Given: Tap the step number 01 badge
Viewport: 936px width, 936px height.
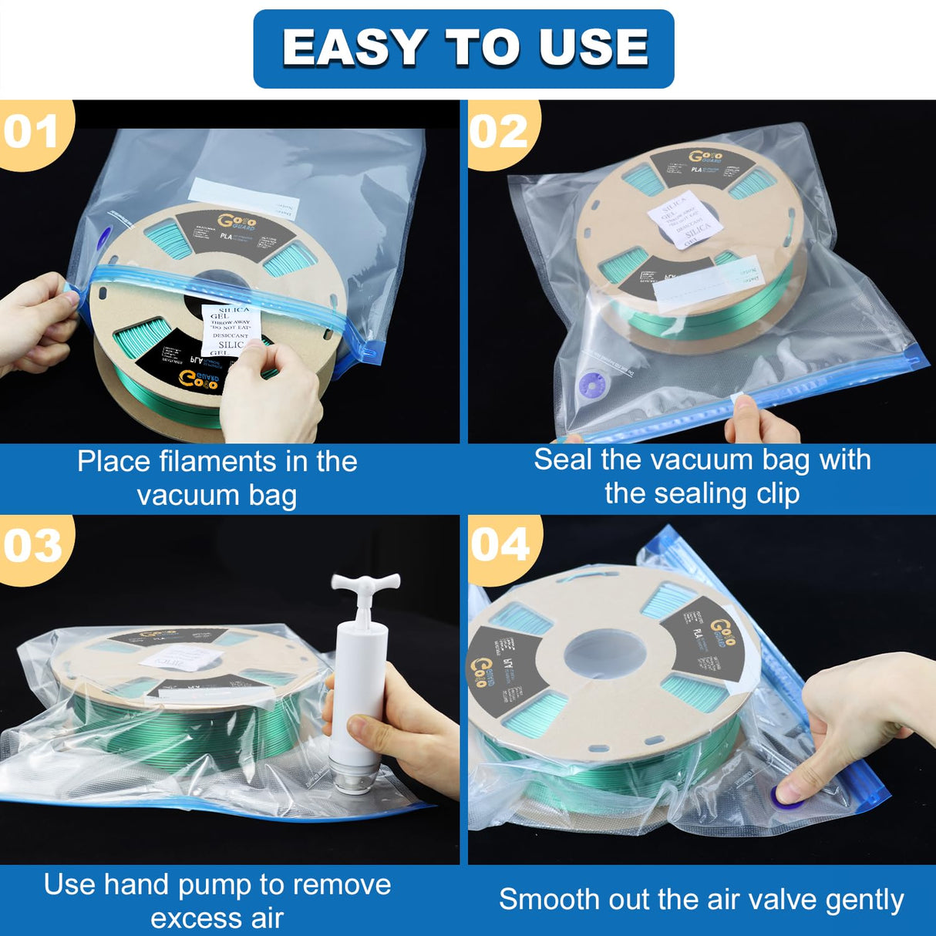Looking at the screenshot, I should pos(31,133).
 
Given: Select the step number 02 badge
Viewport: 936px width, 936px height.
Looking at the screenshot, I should pos(499,133).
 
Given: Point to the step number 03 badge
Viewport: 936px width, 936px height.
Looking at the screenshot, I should pos(32,546).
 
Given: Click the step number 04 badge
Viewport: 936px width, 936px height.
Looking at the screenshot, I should pos(500,546).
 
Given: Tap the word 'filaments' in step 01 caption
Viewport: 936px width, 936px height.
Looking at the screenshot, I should pos(218,461).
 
